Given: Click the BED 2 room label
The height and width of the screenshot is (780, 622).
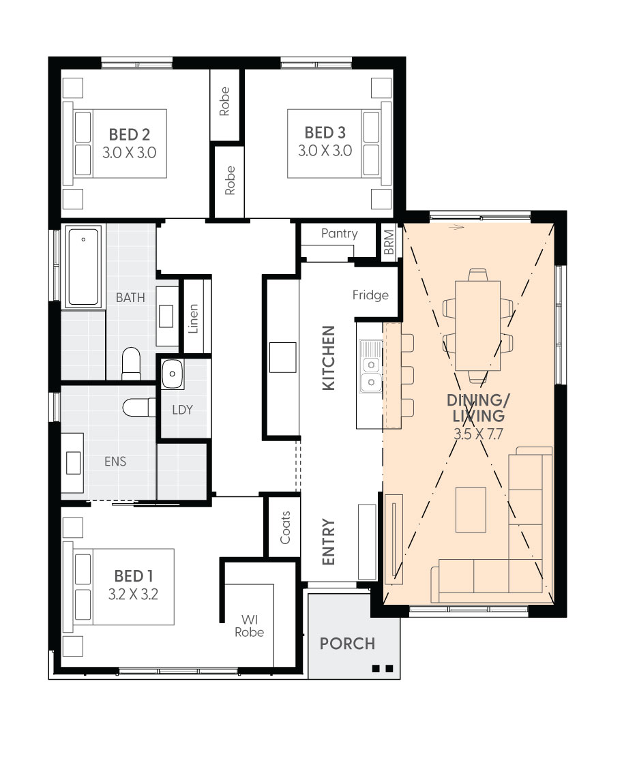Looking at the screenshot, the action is (x=130, y=135).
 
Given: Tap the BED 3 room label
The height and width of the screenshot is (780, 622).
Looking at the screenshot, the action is (x=325, y=133).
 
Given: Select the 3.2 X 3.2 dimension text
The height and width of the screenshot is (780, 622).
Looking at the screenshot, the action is (x=134, y=595).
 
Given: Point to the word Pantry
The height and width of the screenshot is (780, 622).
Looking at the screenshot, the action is (x=340, y=233).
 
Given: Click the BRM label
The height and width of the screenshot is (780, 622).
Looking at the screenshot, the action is (x=389, y=242).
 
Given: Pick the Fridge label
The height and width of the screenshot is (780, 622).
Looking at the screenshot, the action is (x=370, y=295).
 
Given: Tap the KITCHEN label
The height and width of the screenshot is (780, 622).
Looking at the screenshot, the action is (x=329, y=358).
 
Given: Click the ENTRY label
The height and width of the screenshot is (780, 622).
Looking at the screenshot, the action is (x=329, y=542).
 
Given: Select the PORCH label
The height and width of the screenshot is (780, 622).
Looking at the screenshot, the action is (x=347, y=644).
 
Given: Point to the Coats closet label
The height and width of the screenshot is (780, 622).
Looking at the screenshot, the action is (x=285, y=527).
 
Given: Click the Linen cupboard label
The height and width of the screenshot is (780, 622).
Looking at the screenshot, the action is (x=193, y=319).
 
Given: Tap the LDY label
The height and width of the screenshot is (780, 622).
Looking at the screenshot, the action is (x=182, y=410).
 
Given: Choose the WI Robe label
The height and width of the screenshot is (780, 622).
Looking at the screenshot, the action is (x=250, y=626).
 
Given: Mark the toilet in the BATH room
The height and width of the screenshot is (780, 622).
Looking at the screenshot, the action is (x=132, y=363).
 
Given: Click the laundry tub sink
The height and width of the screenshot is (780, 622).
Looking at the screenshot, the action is (x=172, y=374).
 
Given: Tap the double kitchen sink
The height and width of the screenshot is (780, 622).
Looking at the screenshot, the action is (x=371, y=373).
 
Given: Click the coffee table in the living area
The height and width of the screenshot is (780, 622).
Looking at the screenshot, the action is (x=471, y=510).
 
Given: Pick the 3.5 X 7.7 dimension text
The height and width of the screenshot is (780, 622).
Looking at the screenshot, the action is (x=478, y=434).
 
